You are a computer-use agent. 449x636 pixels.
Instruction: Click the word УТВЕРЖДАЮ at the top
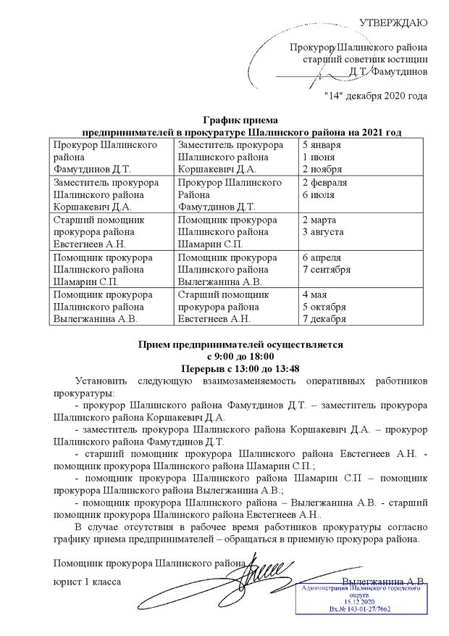[393, 22]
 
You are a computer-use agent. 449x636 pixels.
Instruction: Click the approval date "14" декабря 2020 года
[375, 96]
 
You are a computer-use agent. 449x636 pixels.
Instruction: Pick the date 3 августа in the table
[323, 232]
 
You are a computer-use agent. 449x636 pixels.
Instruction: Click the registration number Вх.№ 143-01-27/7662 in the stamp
[359, 609]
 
